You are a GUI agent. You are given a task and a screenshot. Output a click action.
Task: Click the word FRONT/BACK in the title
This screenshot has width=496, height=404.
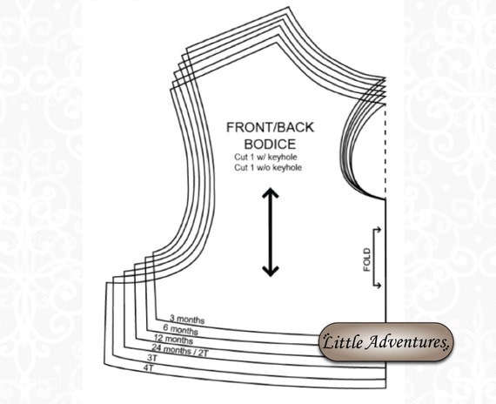coord(270,127)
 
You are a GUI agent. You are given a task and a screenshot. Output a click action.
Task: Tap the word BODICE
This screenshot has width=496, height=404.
coord(270,144)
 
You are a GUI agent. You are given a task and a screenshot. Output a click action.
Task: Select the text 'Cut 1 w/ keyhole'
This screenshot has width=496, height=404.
coord(265,157)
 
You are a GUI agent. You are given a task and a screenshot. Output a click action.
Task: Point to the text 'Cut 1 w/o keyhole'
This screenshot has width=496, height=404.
coord(268,167)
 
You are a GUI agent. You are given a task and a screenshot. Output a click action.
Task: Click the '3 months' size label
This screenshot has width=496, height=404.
coord(187,320)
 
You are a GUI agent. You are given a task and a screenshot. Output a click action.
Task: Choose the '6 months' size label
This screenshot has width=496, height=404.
coord(181,330)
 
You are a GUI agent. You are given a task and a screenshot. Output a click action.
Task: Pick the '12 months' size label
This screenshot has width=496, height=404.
coord(173,339)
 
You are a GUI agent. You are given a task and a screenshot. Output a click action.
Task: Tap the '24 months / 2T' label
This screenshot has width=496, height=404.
coord(179,350)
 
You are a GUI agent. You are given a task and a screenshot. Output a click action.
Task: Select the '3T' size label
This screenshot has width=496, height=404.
coord(152,358)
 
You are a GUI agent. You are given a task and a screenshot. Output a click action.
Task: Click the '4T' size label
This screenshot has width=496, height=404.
coord(148,368)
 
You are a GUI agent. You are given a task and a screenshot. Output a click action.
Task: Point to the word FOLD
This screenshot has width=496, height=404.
coord(366,259)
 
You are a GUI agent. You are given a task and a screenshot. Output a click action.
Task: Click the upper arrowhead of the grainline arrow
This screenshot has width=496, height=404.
coord(270,193)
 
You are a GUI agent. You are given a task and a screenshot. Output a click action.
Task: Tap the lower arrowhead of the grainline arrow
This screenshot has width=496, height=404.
coord(270,272)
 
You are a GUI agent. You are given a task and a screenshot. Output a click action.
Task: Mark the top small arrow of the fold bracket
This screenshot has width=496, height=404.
coord(379,229)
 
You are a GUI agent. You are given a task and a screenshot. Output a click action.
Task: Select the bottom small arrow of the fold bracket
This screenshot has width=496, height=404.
coord(379,286)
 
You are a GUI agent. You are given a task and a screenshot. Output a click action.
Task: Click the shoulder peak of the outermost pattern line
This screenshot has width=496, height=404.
coord(289,7)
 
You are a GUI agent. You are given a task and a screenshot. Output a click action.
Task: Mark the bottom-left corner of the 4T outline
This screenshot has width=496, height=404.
coord(104,365)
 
